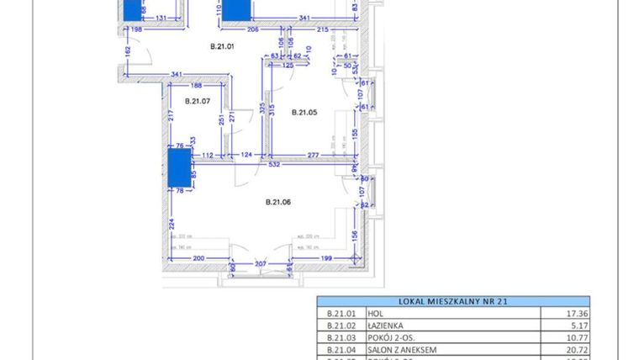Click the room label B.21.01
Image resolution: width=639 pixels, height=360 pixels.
222,46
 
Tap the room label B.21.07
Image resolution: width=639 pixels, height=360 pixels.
197,102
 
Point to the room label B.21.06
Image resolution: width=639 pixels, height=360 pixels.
278,201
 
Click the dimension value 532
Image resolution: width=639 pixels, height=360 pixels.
274,165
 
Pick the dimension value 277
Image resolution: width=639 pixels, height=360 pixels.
312,155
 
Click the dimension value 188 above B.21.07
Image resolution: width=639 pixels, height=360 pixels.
196,85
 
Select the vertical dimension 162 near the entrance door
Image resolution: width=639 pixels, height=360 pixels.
127,50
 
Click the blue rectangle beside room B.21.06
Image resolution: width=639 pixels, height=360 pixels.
179,167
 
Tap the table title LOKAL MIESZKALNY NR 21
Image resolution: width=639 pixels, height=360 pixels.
452,301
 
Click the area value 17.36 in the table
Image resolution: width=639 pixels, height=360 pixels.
576,313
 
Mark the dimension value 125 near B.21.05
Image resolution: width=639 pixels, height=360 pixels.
288,65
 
